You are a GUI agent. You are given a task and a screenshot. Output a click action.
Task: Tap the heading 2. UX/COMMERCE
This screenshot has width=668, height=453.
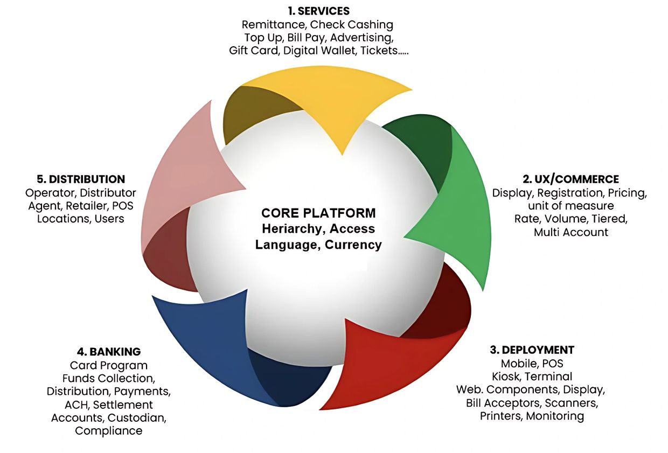click(570, 179)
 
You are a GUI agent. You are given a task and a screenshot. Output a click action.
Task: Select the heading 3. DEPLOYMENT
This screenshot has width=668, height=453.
click(532, 350)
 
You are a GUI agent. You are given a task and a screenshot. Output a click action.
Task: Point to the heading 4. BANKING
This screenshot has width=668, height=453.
click(109, 352)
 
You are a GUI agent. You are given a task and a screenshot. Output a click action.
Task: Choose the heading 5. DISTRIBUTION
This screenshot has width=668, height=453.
click(80, 179)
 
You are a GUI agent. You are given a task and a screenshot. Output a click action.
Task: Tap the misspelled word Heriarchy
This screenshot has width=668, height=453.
click(292, 228)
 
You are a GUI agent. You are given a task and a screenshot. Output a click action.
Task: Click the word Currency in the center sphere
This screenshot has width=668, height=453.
click(353, 245)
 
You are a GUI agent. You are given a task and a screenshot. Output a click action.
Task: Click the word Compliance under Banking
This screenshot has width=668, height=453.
click(109, 430)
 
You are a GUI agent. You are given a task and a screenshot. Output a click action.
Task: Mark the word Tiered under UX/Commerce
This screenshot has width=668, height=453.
click(609, 219)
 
